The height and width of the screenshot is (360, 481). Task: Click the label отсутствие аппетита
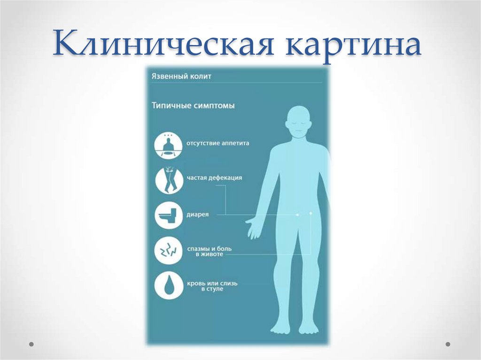pos(217,143)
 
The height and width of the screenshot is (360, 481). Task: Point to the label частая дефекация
pos(214,178)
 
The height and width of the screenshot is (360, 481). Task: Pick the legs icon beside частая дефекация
pos(169,180)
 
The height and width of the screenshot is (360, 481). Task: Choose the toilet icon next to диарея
pos(169,215)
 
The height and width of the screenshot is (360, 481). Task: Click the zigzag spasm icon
pos(169,251)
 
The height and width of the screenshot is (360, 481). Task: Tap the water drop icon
pos(169,286)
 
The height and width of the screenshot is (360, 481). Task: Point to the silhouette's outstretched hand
pos(253,227)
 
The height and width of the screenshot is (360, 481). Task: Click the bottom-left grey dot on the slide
pos(31,344)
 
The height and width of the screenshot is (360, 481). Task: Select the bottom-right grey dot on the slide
pos(448,344)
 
